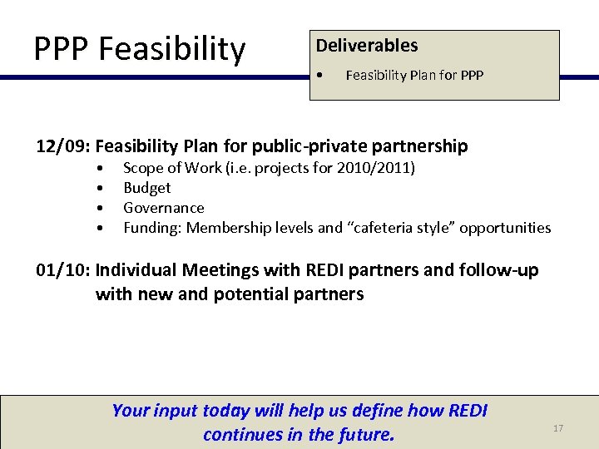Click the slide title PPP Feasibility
coord(140,49)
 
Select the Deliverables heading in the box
coord(366,46)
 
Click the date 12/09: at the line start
coord(63,146)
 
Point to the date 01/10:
coord(63,270)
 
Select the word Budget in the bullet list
coord(146,188)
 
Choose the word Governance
coord(163,208)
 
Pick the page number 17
coord(558,428)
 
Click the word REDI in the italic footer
coord(468,410)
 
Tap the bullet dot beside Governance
coord(99,208)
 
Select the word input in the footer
coord(175,410)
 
